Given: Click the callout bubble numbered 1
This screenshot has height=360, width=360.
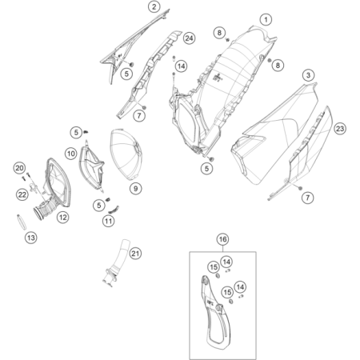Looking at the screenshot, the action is click(266, 19).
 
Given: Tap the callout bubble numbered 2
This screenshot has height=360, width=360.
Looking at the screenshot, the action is click(154, 6).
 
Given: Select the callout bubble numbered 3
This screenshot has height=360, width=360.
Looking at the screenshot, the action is click(308, 75).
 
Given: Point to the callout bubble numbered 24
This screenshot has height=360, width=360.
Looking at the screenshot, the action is click(189, 38).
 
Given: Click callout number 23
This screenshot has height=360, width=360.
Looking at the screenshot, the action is click(340, 129).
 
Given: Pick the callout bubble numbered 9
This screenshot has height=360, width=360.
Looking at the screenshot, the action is click(136, 189).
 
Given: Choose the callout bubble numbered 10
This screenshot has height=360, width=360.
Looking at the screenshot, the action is click(71, 154).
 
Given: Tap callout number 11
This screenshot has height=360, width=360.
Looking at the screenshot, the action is click(108, 221).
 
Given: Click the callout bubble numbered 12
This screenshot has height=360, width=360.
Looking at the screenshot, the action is click(63, 218).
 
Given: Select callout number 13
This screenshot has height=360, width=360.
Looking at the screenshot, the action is click(31, 238).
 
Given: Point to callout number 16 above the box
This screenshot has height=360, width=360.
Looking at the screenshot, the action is click(223, 239).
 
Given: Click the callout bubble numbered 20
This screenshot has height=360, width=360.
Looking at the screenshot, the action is click(19, 168).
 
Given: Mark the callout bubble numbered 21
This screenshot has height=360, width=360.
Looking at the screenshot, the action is click(135, 254).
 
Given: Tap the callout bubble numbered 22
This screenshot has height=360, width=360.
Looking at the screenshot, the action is click(22, 194).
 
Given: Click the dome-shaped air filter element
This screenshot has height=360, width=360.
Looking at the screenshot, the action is click(126, 154).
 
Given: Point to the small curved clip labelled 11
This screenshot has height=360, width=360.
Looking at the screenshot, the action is click(114, 209).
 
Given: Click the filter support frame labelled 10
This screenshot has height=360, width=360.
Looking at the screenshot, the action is click(90, 167).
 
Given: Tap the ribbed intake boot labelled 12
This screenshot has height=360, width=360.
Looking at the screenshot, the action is click(44, 210).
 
